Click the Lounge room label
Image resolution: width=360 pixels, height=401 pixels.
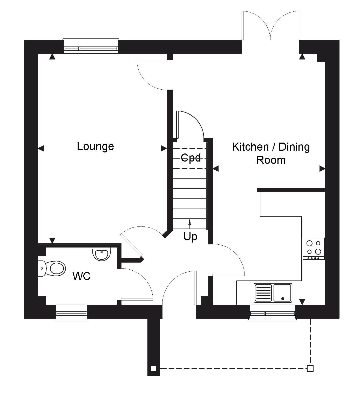pyautogui.click(x=95, y=147)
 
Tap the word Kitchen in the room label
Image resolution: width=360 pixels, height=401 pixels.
pyautogui.click(x=250, y=147)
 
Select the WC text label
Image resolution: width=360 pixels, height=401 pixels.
pyautogui.click(x=81, y=276)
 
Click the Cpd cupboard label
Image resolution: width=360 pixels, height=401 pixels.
pyautogui.click(x=191, y=158)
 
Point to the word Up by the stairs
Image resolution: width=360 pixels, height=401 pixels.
pyautogui.click(x=190, y=236)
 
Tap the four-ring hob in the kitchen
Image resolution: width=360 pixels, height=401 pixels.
pyautogui.click(x=314, y=249)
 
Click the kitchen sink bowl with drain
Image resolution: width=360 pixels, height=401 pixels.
pyautogui.click(x=283, y=293)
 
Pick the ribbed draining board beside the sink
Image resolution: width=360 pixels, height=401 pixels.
pyautogui.click(x=263, y=293)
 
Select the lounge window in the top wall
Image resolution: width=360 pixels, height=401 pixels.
pyautogui.click(x=91, y=46)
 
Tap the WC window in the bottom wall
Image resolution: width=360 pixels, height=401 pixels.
pyautogui.click(x=71, y=312)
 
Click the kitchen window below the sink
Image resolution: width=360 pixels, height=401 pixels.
pyautogui.click(x=272, y=312)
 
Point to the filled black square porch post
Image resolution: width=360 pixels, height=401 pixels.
pyautogui.click(x=153, y=369)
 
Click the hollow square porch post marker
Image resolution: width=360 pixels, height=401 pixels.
pyautogui.click(x=310, y=368)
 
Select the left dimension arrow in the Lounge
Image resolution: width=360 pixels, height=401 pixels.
pyautogui.click(x=41, y=148)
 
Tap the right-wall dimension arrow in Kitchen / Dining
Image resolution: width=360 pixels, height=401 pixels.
pyautogui.click(x=322, y=169)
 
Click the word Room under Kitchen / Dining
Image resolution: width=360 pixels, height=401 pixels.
pyautogui.click(x=271, y=160)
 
